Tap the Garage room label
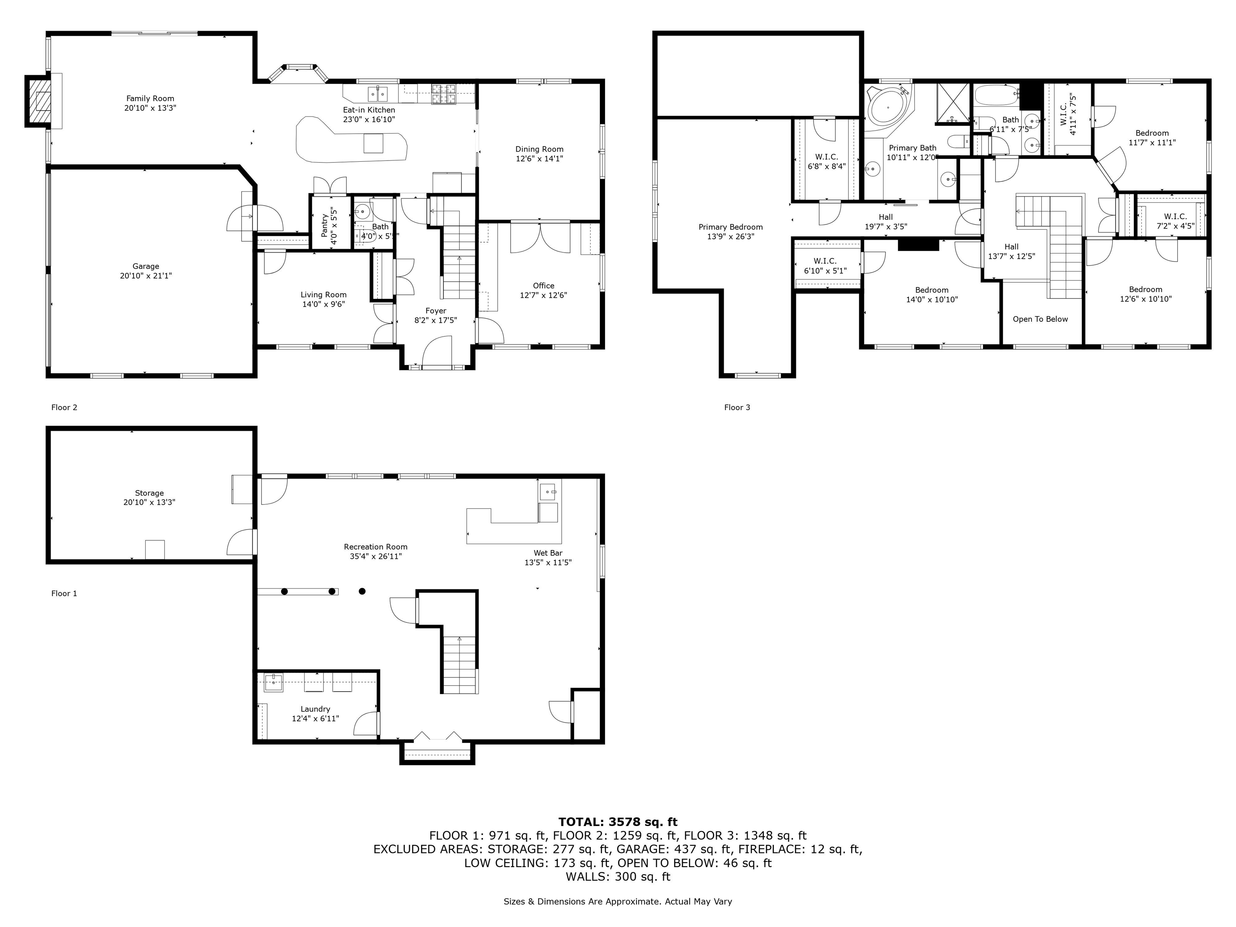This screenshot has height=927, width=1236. (145, 266)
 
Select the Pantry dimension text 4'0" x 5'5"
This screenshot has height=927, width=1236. (334, 226)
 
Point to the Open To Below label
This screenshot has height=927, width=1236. (1040, 319)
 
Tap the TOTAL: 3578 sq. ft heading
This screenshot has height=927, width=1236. (618, 822)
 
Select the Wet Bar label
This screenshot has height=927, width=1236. (548, 553)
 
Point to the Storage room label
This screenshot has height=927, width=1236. (149, 493)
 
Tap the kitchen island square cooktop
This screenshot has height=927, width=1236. (373, 144)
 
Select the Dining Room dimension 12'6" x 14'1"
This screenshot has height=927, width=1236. (539, 159)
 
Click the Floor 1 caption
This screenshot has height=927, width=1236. (64, 593)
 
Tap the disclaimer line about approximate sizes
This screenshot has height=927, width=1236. (618, 901)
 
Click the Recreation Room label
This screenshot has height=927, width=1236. (375, 546)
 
